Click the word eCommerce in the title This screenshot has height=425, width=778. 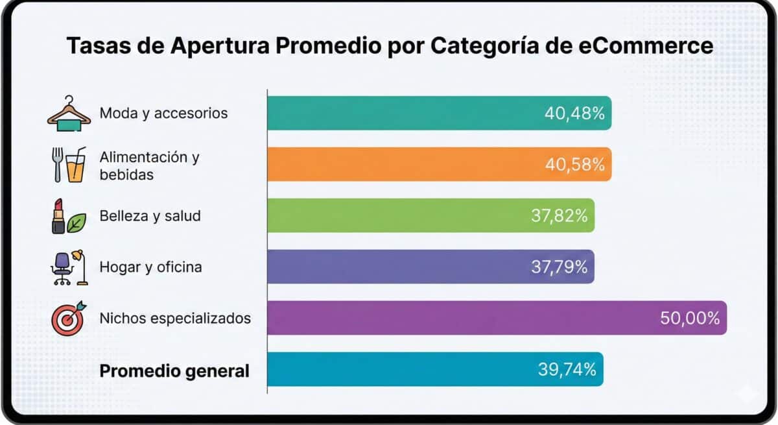coord(646,46)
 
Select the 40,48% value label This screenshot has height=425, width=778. coord(574,114)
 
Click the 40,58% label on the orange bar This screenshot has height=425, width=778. coord(575,164)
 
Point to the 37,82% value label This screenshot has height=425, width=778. coord(559,215)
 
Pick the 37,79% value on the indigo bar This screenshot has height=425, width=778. coord(559,267)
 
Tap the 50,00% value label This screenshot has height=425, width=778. coord(690,318)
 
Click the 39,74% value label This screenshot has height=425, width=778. coord(567,369)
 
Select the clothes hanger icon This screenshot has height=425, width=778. coord(69,114)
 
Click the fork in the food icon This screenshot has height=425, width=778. coord(57,164)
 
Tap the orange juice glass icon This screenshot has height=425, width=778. coord(75,165)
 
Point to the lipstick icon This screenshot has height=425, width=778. coord(58,216)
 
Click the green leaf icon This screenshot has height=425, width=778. coord(77,223)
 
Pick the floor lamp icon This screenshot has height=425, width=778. coord(80,267)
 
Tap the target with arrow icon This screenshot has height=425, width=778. coord(69,319)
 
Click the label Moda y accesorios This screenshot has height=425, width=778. coord(163,114)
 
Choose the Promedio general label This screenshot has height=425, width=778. coord(174,371)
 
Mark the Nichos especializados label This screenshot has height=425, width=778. coord(175,319)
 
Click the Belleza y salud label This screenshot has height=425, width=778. coord(150,216)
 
